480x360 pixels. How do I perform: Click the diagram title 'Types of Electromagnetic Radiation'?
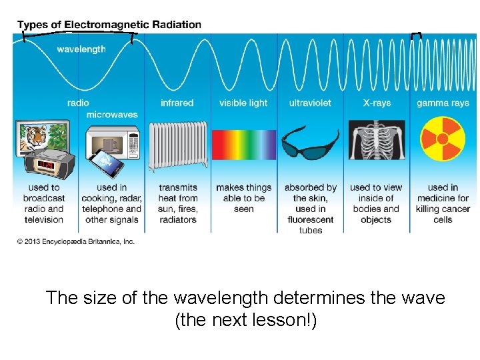point(109,25)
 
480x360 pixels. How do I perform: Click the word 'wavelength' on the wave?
point(81,49)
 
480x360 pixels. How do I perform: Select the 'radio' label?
point(78,103)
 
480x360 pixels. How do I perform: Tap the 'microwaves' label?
point(112,115)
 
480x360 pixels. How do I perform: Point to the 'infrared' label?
point(177,103)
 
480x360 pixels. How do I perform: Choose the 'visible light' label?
point(243,103)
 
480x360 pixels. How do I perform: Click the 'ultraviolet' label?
point(309,103)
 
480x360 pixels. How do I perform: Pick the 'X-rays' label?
point(375,103)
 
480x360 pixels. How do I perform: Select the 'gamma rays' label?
point(443,103)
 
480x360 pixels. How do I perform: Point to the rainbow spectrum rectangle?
point(243,145)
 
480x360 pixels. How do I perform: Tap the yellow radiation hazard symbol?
point(443,140)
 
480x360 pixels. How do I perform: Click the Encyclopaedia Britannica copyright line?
point(76,241)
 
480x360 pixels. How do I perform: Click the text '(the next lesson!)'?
point(245,321)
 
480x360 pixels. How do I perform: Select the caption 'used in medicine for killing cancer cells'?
point(443,203)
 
